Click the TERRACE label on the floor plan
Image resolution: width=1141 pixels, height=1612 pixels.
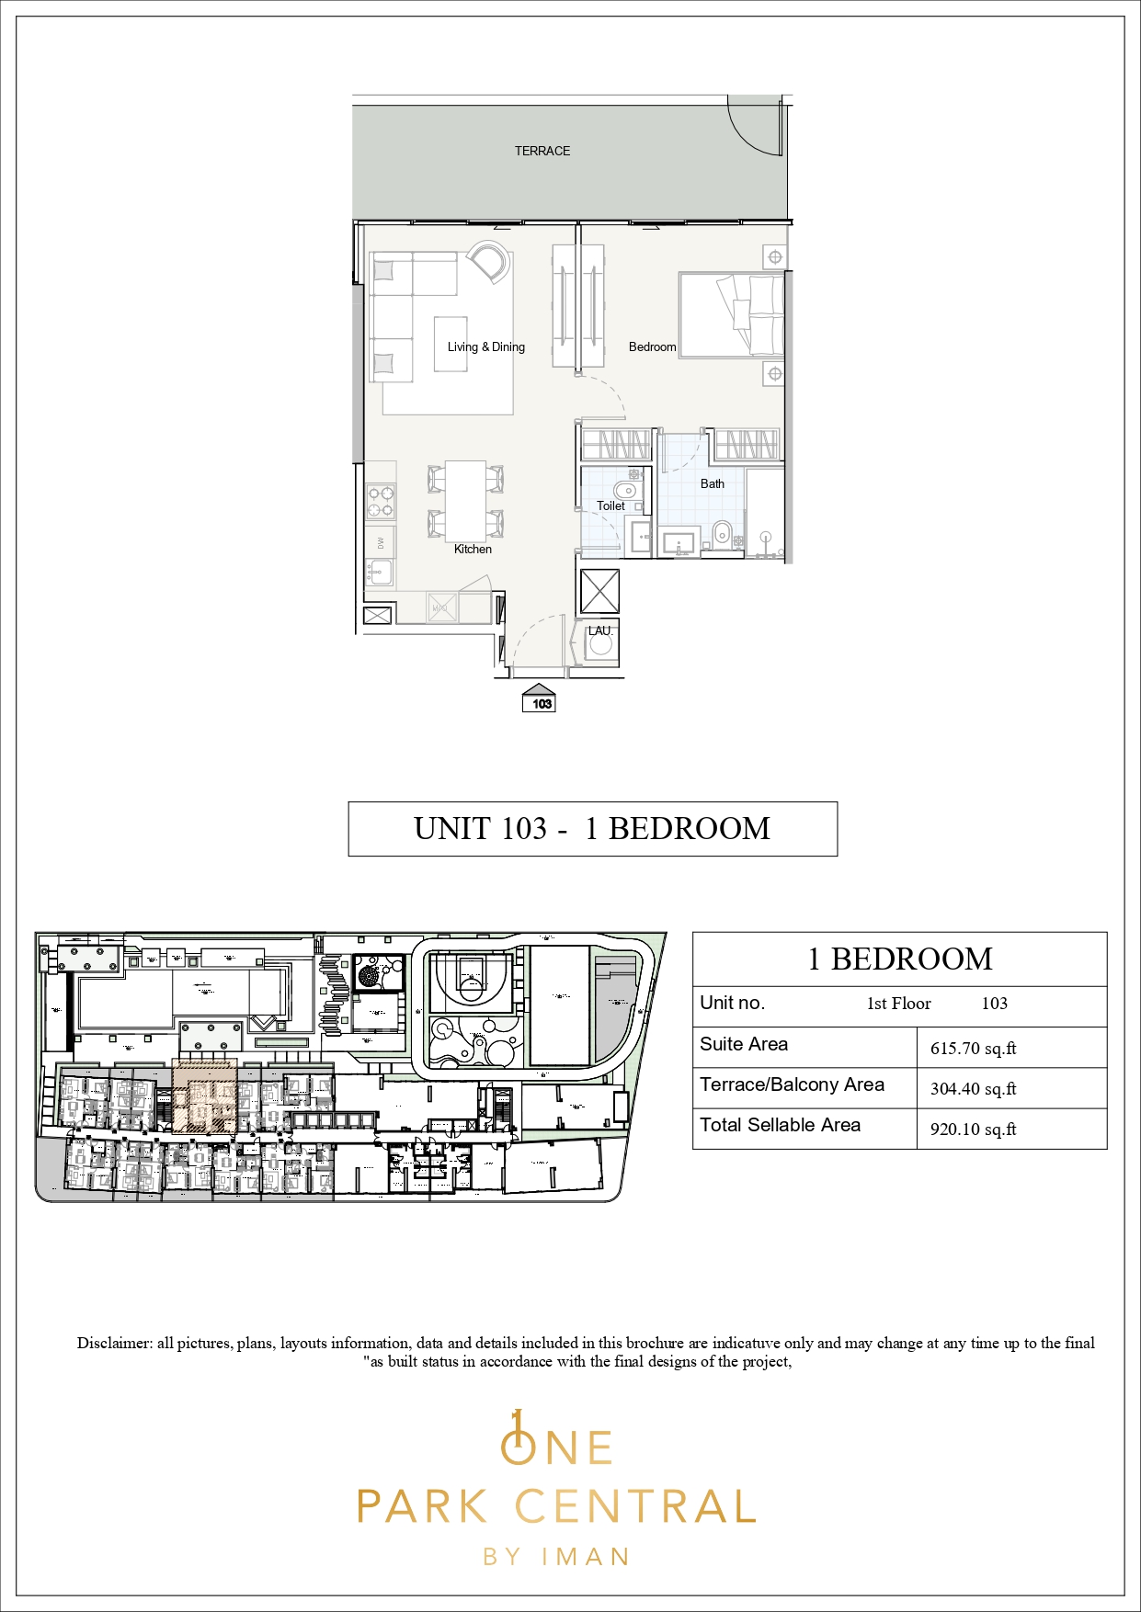tap(542, 151)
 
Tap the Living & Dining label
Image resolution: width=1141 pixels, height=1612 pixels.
tap(485, 346)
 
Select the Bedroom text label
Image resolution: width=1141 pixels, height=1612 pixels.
tap(652, 346)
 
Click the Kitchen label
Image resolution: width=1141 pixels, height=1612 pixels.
tap(473, 549)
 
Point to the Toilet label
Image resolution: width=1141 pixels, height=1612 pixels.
tap(610, 505)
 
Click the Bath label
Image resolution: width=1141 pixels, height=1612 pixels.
tap(712, 483)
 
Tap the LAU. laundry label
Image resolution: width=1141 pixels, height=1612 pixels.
tap(599, 630)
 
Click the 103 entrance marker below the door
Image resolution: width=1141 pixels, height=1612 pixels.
tap(541, 703)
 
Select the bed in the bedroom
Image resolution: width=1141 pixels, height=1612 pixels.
tap(732, 314)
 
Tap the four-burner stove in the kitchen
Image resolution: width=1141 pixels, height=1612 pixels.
tap(381, 501)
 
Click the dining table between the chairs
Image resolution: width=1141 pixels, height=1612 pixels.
tap(465, 501)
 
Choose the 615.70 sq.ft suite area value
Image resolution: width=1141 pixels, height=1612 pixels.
tap(973, 1049)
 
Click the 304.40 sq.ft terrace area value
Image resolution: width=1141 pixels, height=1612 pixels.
tap(973, 1089)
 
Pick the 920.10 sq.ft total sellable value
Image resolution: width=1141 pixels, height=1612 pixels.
tap(973, 1130)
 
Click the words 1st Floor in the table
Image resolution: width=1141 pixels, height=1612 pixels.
tap(898, 1004)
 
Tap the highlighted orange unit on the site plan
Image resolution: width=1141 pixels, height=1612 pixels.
tap(204, 1095)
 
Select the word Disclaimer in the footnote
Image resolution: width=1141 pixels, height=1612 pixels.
tap(114, 1343)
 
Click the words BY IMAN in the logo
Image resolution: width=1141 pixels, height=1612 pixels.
tap(556, 1557)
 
